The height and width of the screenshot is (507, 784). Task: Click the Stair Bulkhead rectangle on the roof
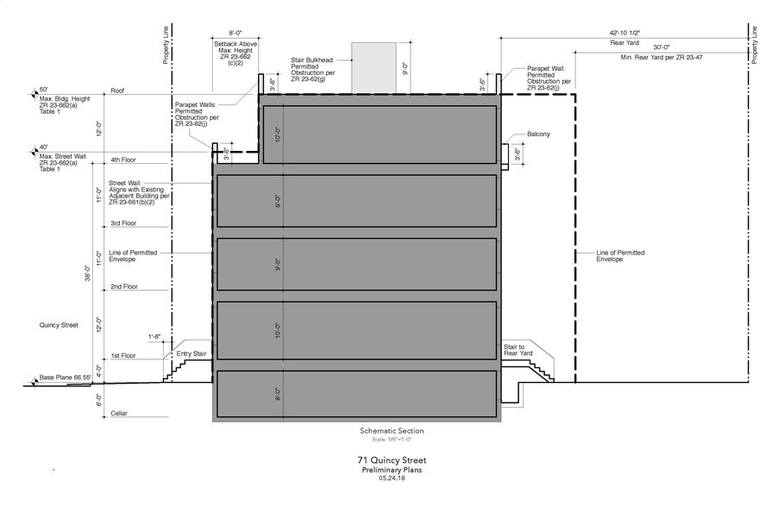[x=373, y=65]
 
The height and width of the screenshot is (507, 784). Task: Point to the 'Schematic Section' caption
[x=392, y=431]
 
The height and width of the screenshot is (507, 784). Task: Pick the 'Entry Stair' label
[x=191, y=354]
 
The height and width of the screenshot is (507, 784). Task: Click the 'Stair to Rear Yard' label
[x=520, y=348]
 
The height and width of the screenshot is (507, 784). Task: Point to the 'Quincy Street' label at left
[x=58, y=325]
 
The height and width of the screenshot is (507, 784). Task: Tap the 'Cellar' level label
[x=120, y=414]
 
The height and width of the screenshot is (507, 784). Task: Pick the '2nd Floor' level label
[x=123, y=286]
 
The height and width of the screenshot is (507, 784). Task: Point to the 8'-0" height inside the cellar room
[x=278, y=394]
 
